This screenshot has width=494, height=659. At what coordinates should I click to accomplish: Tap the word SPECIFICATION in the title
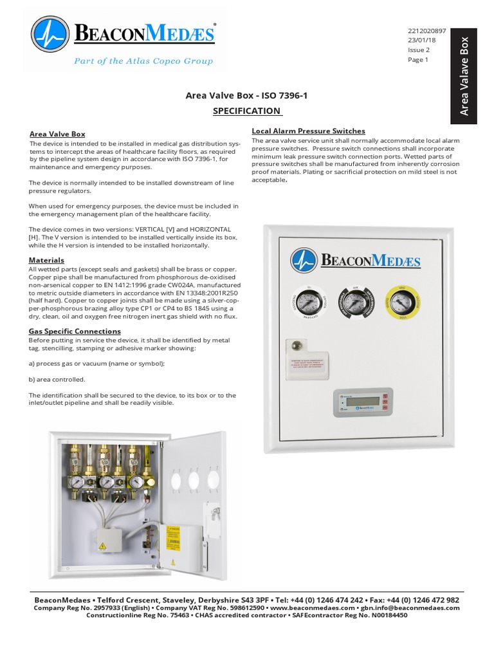[x=247, y=111]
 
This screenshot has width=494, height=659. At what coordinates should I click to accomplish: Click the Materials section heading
[x=47, y=259]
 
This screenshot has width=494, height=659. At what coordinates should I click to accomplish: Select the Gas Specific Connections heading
[x=75, y=331]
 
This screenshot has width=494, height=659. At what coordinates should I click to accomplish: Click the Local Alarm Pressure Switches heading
[x=308, y=131]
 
